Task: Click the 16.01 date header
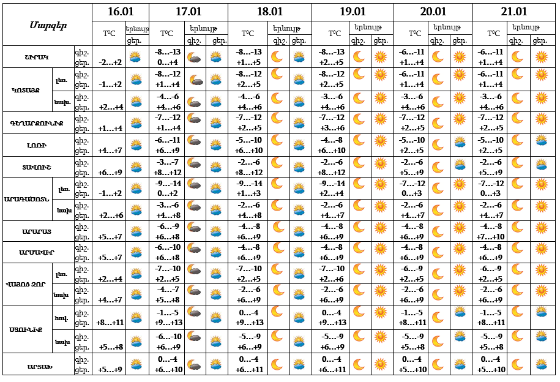tap(120, 12)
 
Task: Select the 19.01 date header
tap(352, 12)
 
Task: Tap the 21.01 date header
tap(514, 12)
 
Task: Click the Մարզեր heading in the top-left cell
tap(47, 25)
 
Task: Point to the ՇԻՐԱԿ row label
tap(37, 57)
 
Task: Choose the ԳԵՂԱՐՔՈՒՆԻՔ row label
tap(37, 123)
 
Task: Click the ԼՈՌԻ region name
tap(37, 146)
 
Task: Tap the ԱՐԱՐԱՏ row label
tap(37, 231)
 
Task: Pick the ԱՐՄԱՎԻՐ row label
tap(37, 253)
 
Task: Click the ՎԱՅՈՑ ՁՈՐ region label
tap(26, 284)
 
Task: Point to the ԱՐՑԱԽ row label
tap(37, 365)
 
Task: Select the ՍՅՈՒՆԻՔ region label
tap(26, 329)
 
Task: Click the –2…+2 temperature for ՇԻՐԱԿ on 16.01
tap(110, 62)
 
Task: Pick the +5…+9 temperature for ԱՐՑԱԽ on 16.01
tap(110, 370)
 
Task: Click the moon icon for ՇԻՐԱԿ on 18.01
tap(277, 56)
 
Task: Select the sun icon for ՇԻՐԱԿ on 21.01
tap(541, 56)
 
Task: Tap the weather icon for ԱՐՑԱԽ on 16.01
tap(136, 365)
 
